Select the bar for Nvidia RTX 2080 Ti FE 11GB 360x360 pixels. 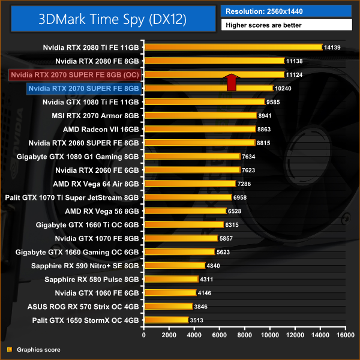coord(233,47)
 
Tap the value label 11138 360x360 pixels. coord(294,61)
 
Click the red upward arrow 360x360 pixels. coord(232,82)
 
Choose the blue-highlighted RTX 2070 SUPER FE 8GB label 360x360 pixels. coord(84,88)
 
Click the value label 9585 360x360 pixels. coord(275,102)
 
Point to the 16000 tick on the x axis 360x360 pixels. coord(344,334)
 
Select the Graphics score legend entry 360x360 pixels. coord(37,349)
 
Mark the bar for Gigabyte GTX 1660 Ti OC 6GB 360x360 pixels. coord(184,224)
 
